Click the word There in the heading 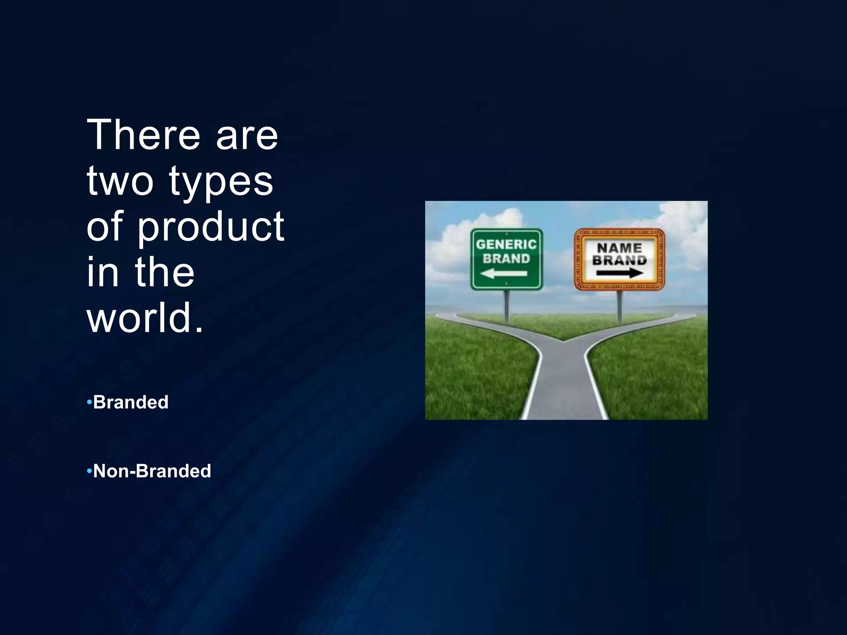click(143, 135)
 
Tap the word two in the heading click(120, 181)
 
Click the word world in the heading click(141, 317)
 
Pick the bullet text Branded click(131, 402)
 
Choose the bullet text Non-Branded click(152, 471)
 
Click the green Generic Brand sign click(507, 259)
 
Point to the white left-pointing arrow click(503, 273)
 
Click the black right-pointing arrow click(620, 273)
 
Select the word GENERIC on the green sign click(506, 244)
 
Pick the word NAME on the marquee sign click(620, 248)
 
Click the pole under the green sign click(507, 306)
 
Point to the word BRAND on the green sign click(506, 259)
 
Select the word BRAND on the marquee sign click(620, 260)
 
